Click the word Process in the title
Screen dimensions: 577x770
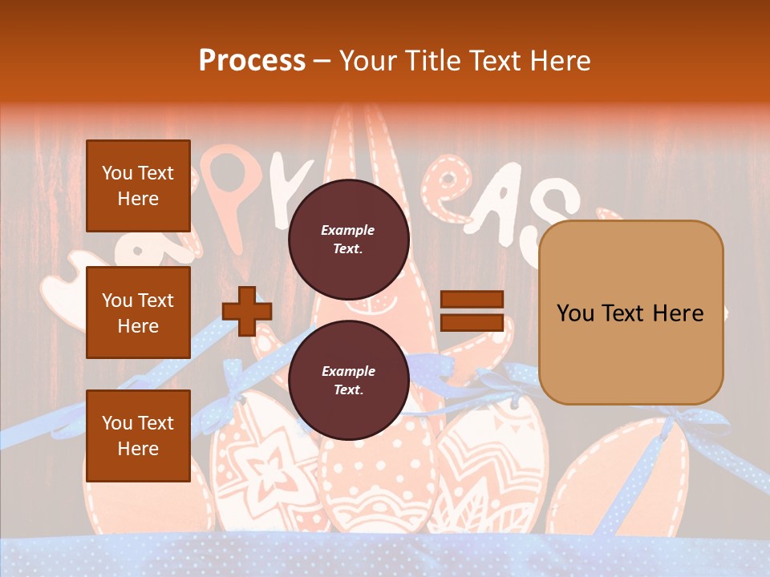pos(252,60)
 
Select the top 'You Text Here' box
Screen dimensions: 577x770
pos(138,186)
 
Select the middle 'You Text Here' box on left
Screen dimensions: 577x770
pos(138,313)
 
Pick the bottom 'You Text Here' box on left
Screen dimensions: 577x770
pos(138,435)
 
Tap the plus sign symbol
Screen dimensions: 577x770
pos(247,310)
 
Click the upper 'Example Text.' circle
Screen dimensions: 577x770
pos(348,239)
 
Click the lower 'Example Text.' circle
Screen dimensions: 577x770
pos(348,380)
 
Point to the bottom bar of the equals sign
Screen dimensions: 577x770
pos(472,322)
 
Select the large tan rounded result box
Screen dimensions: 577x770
pos(630,313)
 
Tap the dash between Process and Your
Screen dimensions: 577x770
pos(322,61)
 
